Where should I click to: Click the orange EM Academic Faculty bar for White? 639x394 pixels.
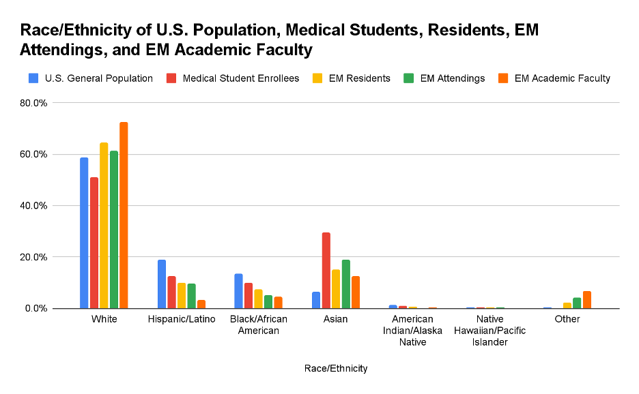tap(124, 215)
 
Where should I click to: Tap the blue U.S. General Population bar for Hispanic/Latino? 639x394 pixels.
tap(162, 284)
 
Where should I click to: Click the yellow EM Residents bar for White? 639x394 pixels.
tap(104, 226)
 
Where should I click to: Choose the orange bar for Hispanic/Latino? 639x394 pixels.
tap(201, 304)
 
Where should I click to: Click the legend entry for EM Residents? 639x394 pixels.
tap(352, 78)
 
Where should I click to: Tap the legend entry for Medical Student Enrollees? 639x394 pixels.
tap(233, 78)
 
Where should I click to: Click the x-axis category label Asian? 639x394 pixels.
tap(335, 319)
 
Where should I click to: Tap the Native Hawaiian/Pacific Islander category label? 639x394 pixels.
tap(490, 331)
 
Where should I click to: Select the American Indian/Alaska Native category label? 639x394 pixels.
tap(412, 331)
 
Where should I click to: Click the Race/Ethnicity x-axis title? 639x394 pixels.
tap(336, 369)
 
